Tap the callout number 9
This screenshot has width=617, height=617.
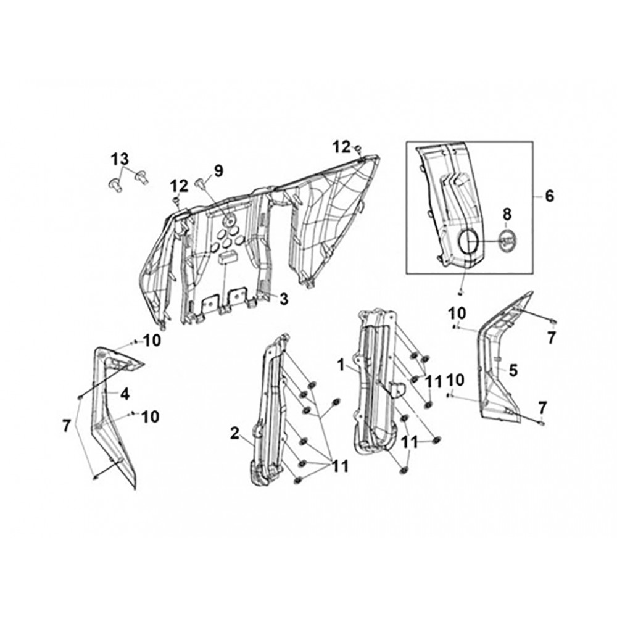[218, 171]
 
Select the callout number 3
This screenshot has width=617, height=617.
[284, 299]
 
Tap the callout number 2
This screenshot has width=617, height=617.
[235, 434]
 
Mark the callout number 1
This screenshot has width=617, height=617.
[341, 365]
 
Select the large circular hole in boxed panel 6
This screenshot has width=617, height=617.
[468, 242]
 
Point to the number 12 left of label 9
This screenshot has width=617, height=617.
[179, 186]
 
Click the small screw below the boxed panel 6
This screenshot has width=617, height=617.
[461, 292]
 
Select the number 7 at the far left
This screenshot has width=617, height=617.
[67, 426]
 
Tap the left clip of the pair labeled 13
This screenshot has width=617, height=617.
[115, 184]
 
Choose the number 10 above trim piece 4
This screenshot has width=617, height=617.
[152, 341]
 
